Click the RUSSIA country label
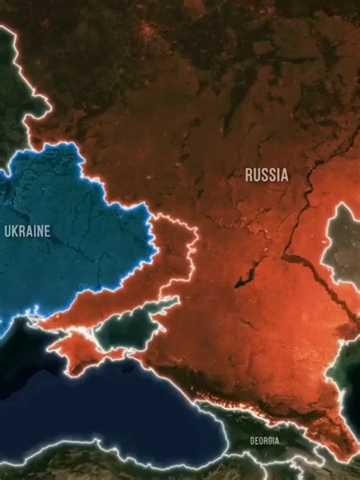pyautogui.click(x=266, y=174)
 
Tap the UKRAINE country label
pyautogui.click(x=28, y=231)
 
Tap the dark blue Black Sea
pyautogui.click(x=120, y=406)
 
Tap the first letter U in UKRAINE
pyautogui.click(x=8, y=231)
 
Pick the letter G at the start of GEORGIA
pyautogui.click(x=251, y=440)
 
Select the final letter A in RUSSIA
pyautogui.click(x=284, y=174)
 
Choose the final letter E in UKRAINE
pyautogui.click(x=47, y=231)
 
